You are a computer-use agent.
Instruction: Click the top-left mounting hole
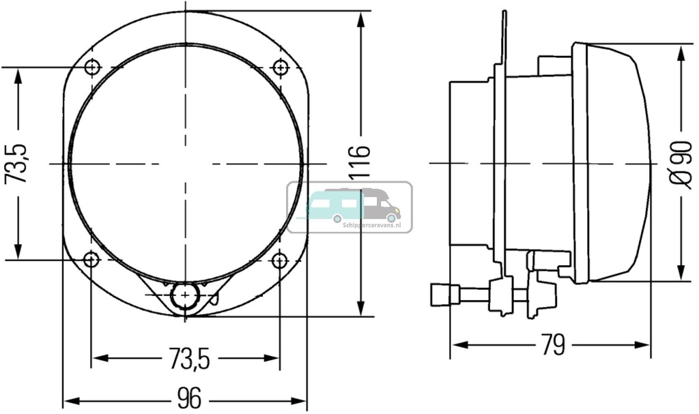pyautogui.click(x=93, y=68)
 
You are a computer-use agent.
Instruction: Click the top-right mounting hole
pyautogui.click(x=279, y=68)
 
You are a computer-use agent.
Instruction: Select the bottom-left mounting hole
pyautogui.click(x=90, y=260)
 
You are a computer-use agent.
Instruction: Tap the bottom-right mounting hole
pyautogui.click(x=279, y=260)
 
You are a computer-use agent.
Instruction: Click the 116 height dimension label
pyautogui.click(x=360, y=164)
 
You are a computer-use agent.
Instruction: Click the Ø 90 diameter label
pyautogui.click(x=680, y=164)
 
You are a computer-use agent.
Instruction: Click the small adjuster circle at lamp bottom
pyautogui.click(x=184, y=296)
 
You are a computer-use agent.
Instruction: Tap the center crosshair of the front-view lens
pyautogui.click(x=184, y=164)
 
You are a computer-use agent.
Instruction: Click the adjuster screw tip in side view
pyautogui.click(x=440, y=295)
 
